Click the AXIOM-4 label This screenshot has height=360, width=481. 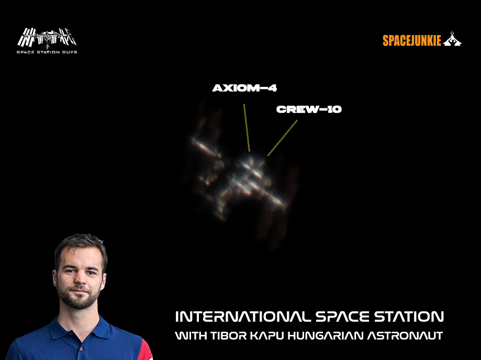[244, 88]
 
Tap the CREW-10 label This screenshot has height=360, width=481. [309, 109]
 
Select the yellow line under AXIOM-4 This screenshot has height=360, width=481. [247, 128]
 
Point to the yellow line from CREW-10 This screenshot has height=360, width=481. [283, 138]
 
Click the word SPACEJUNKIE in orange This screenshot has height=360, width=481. [412, 40]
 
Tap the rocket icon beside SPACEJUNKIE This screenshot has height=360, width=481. [452, 39]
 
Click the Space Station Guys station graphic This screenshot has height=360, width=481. [47, 38]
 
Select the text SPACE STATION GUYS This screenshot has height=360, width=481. [47, 52]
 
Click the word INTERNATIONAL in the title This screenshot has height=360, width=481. [243, 317]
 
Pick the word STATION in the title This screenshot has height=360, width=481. [409, 317]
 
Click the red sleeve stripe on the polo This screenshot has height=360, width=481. [146, 350]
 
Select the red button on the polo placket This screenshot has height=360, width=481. [81, 349]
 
